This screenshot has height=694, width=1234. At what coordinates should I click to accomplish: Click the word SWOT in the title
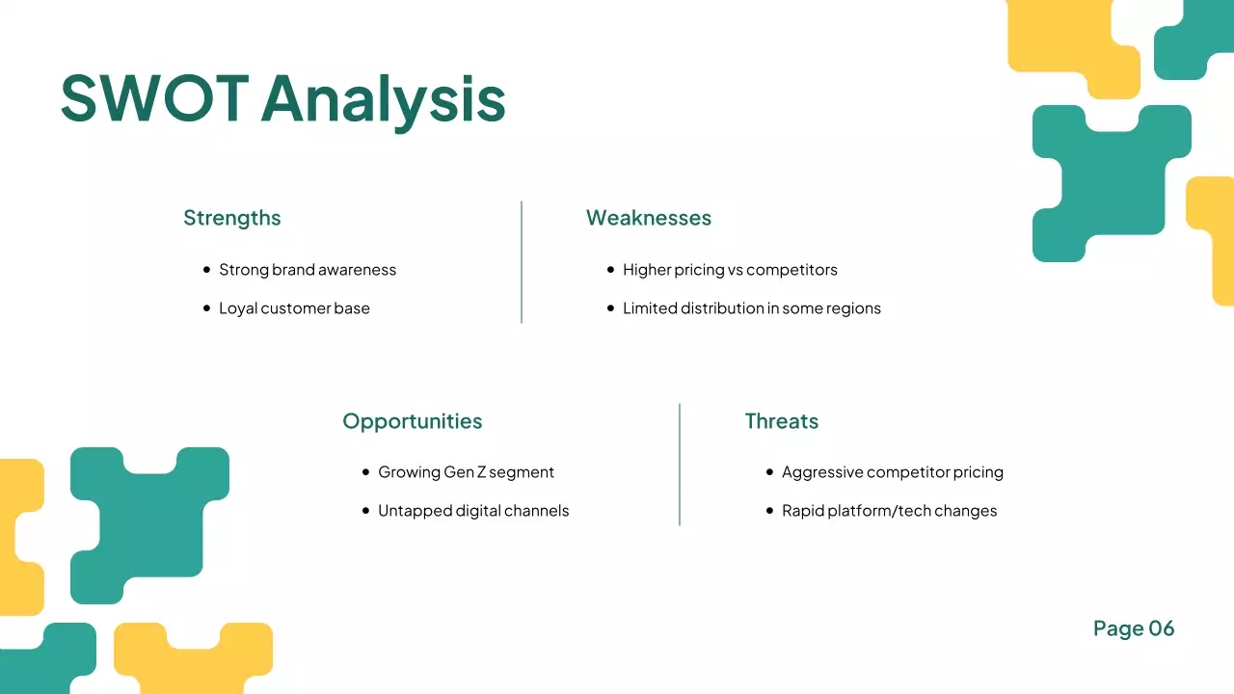[x=154, y=97]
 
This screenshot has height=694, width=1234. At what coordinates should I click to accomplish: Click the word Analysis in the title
[x=383, y=97]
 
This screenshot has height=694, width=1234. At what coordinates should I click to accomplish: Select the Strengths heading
[x=232, y=218]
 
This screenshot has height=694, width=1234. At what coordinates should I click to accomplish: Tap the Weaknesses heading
[x=649, y=218]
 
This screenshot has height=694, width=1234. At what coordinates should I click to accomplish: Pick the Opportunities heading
[x=412, y=421]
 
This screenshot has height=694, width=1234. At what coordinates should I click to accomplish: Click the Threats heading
[x=781, y=421]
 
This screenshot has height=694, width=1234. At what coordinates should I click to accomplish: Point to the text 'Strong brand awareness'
[x=308, y=270]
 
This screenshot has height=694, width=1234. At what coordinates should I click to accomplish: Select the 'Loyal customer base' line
[x=294, y=308]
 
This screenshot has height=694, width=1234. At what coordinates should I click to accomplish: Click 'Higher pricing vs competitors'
[x=730, y=270]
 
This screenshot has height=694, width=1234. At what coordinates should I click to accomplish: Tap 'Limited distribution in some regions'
[x=752, y=308]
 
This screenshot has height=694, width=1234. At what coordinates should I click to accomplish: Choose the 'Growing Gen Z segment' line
[x=466, y=472]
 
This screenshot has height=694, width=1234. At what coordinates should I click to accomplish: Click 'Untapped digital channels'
[x=473, y=511]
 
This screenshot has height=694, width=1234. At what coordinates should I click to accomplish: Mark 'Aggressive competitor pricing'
[x=893, y=472]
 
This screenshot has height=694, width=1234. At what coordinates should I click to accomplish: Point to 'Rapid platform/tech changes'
[x=889, y=511]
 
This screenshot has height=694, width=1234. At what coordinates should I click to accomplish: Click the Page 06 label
[x=1134, y=628]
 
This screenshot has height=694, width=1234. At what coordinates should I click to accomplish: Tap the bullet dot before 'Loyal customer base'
[x=206, y=308]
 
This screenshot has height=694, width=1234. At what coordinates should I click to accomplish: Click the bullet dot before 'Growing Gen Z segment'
[x=365, y=472]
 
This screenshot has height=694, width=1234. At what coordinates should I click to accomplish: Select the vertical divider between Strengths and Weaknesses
[x=522, y=262]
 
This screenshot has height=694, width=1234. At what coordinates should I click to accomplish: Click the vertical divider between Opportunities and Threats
[x=680, y=465]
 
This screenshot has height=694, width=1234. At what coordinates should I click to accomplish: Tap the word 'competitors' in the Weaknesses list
[x=791, y=270]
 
